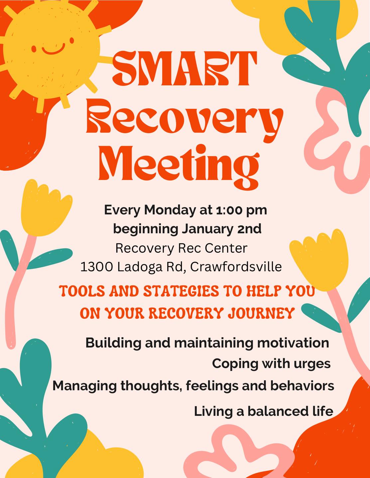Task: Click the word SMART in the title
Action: coord(185,68)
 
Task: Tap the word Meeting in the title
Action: coord(179,167)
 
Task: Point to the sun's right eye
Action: coord(72,40)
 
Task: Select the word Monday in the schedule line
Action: coord(170,210)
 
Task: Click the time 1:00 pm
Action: coord(241,210)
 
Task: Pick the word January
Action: coord(207,229)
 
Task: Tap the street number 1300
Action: coord(97,267)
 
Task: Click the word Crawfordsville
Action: coord(236,267)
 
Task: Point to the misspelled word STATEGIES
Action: coord(181,290)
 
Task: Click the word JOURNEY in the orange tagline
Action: coord(261,313)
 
